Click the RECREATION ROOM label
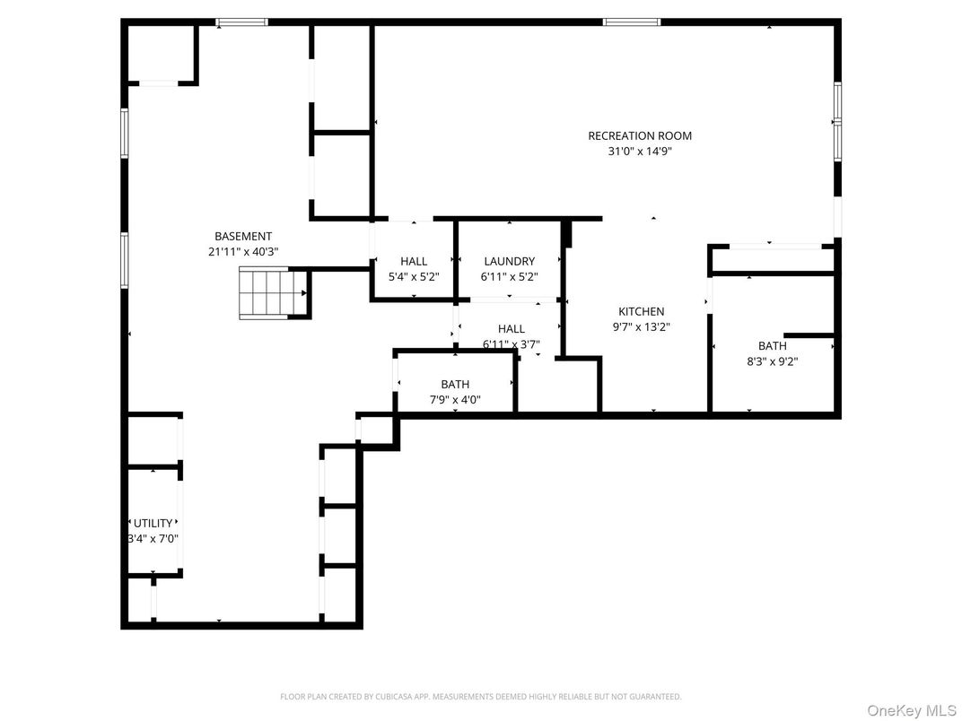click(x=640, y=136)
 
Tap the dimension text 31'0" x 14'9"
click(x=640, y=152)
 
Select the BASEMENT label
click(x=242, y=237)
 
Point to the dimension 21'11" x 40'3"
click(x=242, y=252)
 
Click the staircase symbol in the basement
click(x=273, y=293)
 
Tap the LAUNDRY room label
click(x=509, y=262)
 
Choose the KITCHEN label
click(x=641, y=312)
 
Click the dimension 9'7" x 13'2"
click(x=641, y=327)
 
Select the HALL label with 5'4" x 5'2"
click(x=414, y=262)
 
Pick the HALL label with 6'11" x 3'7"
click(x=511, y=329)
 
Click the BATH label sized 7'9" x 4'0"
click(x=455, y=385)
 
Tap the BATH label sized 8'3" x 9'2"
click(x=772, y=346)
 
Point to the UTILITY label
click(x=153, y=524)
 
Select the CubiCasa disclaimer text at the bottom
click(x=480, y=696)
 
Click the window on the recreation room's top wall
click(x=632, y=22)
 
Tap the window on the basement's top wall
click(x=242, y=22)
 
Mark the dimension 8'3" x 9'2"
click(x=772, y=361)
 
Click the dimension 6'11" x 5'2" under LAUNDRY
click(x=509, y=277)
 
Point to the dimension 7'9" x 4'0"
click(x=455, y=400)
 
